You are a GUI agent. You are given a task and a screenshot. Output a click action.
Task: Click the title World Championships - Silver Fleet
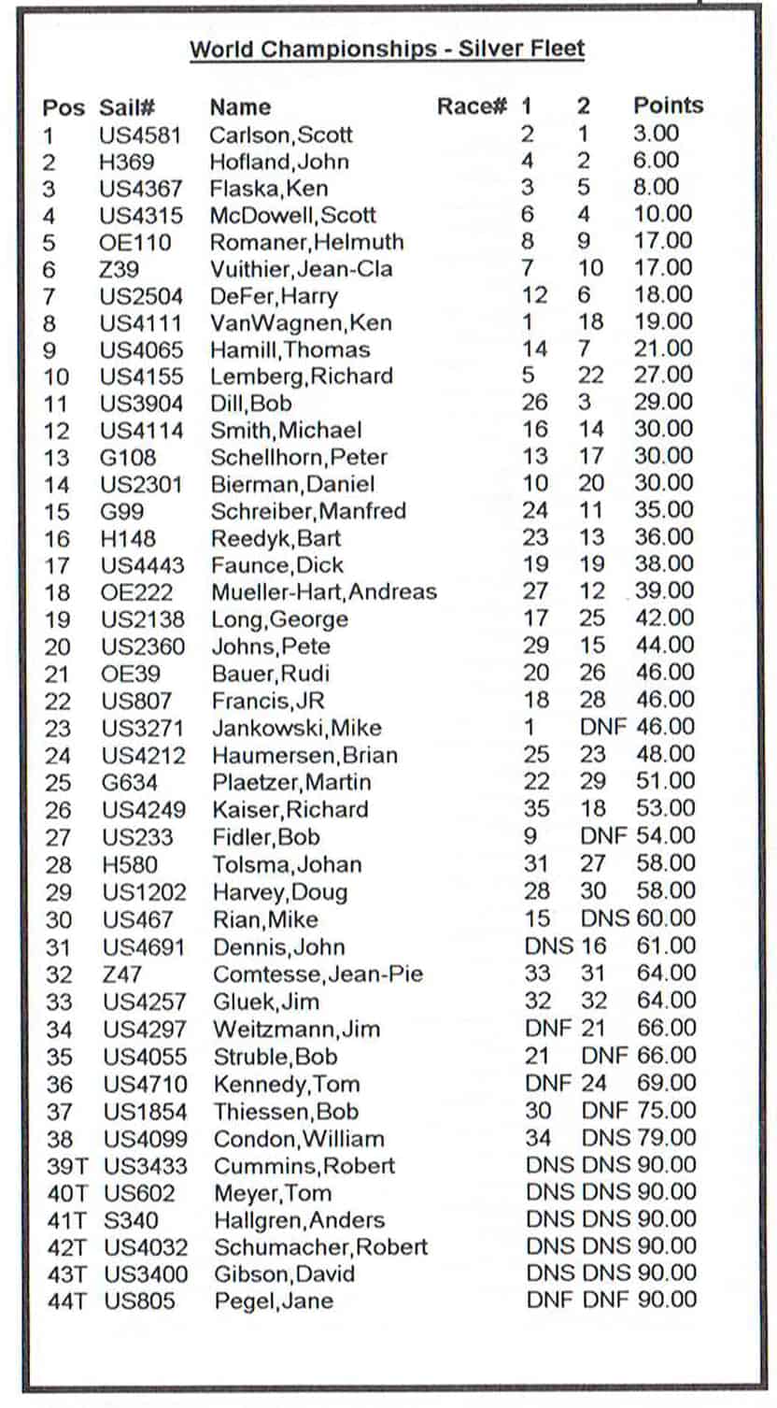(x=387, y=49)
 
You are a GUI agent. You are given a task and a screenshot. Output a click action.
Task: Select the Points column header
(x=668, y=106)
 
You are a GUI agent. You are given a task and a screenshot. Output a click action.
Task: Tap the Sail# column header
(x=128, y=107)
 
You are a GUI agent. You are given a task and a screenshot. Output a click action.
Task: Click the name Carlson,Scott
(x=280, y=135)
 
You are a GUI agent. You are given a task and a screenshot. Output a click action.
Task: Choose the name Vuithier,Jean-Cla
(x=301, y=269)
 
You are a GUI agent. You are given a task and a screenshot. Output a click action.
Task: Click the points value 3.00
(x=657, y=133)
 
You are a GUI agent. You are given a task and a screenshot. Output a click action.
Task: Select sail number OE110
(x=135, y=243)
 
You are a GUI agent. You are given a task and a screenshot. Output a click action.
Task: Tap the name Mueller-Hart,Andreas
(x=323, y=591)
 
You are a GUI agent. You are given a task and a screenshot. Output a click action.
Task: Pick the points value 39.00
(x=665, y=590)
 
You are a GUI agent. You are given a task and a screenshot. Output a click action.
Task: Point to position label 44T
(x=66, y=1301)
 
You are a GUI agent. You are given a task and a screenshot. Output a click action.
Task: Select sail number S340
(x=131, y=1220)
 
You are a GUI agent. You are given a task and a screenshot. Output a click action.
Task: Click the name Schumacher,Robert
(x=320, y=1247)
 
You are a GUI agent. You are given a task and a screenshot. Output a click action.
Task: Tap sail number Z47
(x=121, y=974)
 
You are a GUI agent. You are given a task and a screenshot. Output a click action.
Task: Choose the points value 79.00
(x=666, y=1138)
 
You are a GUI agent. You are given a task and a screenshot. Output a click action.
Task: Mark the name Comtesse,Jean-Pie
(x=318, y=974)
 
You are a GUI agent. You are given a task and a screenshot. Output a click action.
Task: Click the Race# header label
(x=472, y=107)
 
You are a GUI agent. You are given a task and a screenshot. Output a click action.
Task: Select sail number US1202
(x=144, y=891)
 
